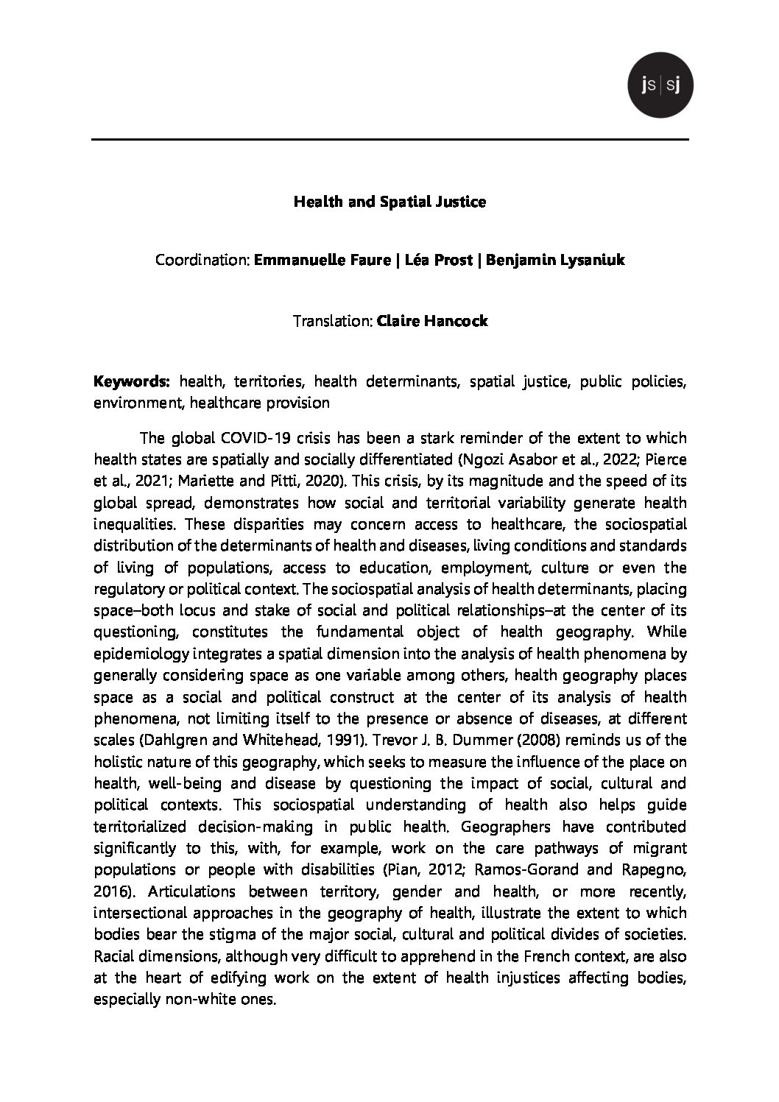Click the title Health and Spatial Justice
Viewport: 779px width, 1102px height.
[x=389, y=202]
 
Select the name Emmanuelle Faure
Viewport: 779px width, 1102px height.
[x=321, y=261]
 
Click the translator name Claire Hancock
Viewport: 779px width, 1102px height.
[x=431, y=322]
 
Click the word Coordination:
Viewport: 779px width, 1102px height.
[x=202, y=261]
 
